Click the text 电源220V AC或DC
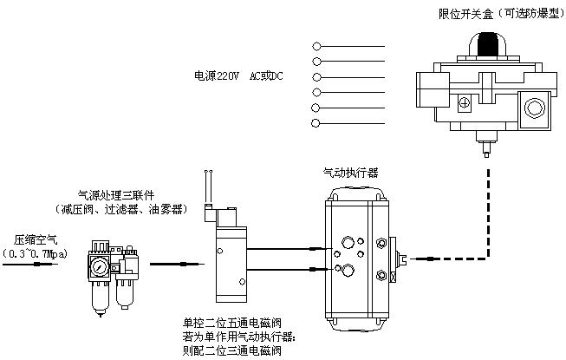(238, 76)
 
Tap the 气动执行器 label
(350, 173)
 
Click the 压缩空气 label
(31, 239)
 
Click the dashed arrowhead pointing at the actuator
(413, 258)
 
